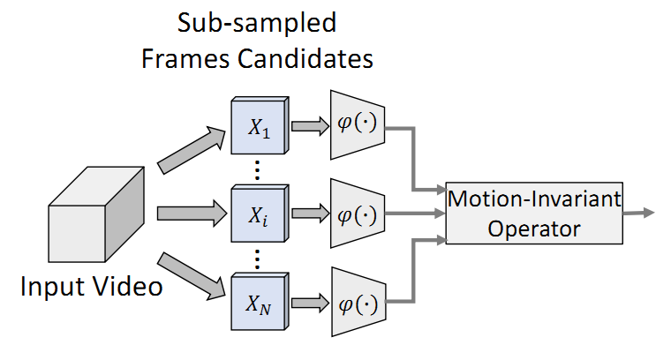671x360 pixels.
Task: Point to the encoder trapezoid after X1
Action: tap(356, 124)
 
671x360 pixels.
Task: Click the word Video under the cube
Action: tap(129, 288)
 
